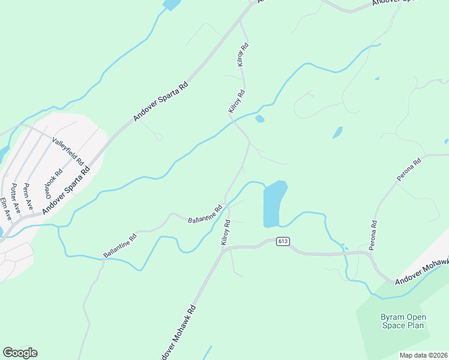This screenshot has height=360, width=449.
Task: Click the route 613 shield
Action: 283,241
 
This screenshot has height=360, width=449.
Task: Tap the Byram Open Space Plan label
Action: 403,321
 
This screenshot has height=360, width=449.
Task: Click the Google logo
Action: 20,353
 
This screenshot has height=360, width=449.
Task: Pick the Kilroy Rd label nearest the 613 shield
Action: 226,232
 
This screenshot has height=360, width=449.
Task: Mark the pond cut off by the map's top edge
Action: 172,4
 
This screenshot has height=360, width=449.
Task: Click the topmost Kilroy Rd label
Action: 243,55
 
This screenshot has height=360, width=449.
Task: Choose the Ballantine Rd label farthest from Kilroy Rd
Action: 120,245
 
